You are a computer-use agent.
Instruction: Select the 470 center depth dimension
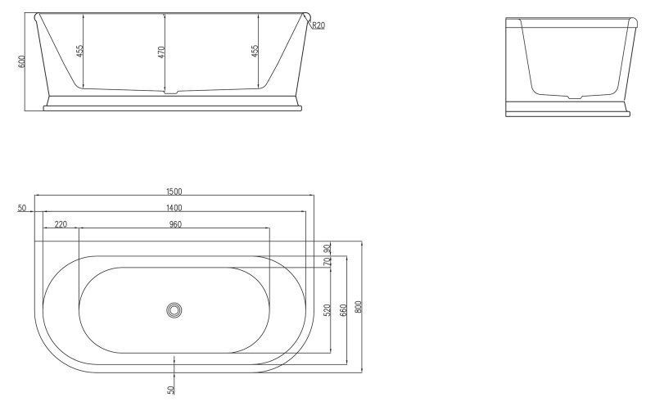coord(161,52)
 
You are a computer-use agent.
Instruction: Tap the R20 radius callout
coord(318,26)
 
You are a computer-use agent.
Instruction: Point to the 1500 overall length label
coord(174,192)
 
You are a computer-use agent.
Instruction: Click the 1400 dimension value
coord(174,208)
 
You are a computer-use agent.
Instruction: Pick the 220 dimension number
coord(61,223)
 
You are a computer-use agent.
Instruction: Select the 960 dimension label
coord(174,223)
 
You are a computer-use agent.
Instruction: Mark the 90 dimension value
coord(327,249)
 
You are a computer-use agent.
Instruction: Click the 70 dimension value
coord(327,262)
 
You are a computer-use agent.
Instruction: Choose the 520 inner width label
coord(327,310)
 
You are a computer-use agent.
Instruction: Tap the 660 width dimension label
coord(343,310)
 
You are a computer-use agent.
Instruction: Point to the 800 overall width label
coord(359,307)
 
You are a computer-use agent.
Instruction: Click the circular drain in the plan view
coord(174,309)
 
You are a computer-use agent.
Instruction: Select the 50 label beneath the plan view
coord(171,390)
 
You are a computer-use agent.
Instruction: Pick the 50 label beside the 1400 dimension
coord(21,208)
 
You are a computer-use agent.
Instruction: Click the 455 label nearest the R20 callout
coord(255,51)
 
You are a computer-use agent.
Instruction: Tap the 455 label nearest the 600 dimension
coord(79,51)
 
